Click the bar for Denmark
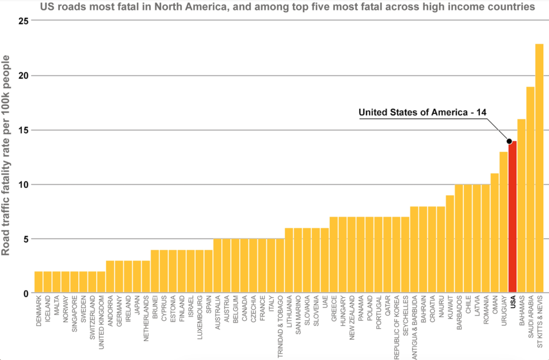coord(39,282)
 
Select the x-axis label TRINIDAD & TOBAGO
coord(280,328)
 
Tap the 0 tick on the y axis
coord(24,293)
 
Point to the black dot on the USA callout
coord(509,141)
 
